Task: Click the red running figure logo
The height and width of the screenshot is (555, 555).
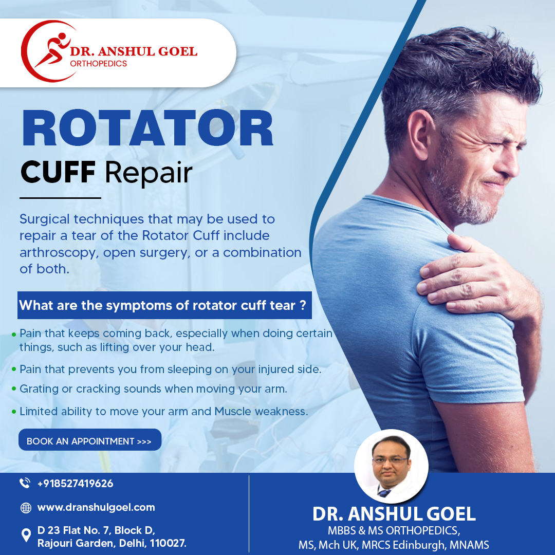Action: (x=53, y=49)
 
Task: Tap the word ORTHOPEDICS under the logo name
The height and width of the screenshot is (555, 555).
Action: (x=98, y=64)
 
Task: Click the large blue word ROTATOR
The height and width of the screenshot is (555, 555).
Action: (x=147, y=128)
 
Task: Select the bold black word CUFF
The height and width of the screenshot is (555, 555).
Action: (x=58, y=172)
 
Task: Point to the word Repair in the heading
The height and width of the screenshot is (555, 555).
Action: (x=149, y=174)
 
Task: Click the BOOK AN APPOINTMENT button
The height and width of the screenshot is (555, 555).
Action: (x=90, y=440)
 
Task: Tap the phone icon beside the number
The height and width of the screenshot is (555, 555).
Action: (x=25, y=483)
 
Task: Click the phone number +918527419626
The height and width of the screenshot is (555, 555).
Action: (x=76, y=484)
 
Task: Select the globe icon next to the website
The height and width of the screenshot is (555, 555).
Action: (x=26, y=508)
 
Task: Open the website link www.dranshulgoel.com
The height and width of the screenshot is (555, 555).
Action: (x=96, y=508)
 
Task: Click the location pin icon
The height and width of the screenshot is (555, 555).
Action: (x=26, y=535)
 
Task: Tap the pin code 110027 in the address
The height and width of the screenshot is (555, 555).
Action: (x=168, y=543)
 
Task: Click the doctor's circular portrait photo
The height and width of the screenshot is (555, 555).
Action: (x=391, y=466)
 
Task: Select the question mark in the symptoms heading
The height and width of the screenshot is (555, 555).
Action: (x=303, y=305)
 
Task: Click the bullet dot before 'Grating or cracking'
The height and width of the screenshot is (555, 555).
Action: (x=14, y=389)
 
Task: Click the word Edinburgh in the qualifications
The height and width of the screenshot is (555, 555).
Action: (x=419, y=544)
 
